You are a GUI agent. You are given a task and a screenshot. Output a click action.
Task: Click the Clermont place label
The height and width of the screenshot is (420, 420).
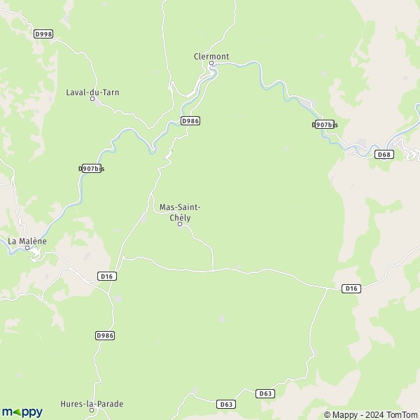pyautogui.click(x=211, y=56)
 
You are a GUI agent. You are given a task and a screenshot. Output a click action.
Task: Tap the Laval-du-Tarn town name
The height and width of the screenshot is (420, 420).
pyautogui.click(x=87, y=92)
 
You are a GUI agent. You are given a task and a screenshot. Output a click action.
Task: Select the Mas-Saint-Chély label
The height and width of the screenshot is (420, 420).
pyautogui.click(x=180, y=212)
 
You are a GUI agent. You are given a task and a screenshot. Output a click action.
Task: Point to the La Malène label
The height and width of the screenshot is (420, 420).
pyautogui.click(x=27, y=241)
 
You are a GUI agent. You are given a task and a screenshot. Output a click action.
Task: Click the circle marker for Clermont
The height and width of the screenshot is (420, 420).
pyautogui.click(x=211, y=64)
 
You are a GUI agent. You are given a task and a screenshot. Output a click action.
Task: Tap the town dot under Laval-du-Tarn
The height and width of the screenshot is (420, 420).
pyautogui.click(x=92, y=99)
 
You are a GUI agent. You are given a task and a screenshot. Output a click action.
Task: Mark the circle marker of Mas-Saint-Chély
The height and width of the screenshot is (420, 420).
pyautogui.click(x=180, y=224)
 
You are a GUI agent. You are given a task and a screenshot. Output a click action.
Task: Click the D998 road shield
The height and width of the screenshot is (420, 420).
pyautogui.click(x=43, y=34)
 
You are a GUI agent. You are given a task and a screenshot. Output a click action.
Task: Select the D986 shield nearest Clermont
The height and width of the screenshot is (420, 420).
pyautogui.click(x=190, y=121)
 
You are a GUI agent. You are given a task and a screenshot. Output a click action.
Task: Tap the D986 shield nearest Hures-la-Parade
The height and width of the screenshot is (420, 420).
pyautogui.click(x=104, y=336)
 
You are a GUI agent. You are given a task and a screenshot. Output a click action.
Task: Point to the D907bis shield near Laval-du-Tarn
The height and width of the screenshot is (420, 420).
pyautogui.click(x=91, y=169)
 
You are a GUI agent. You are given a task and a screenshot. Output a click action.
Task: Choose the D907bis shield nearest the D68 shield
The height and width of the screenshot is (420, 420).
pyautogui.click(x=325, y=125)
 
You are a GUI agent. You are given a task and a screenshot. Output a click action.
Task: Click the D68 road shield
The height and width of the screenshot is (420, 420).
pyautogui.click(x=383, y=154)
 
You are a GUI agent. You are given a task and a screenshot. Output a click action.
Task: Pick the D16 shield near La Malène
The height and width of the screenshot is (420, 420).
pyautogui.click(x=107, y=276)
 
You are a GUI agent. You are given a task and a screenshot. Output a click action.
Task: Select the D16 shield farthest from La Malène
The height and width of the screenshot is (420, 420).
pyautogui.click(x=351, y=288)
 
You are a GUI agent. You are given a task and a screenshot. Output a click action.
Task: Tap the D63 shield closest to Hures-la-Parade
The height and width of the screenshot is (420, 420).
pyautogui.click(x=225, y=404)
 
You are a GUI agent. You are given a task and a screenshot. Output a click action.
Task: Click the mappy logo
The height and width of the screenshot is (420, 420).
pyautogui.click(x=22, y=412)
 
